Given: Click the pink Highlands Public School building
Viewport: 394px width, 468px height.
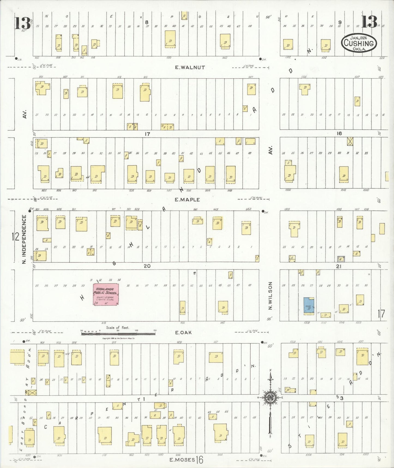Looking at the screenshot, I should [x=106, y=294].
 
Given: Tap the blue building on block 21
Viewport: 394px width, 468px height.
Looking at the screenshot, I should [x=309, y=306].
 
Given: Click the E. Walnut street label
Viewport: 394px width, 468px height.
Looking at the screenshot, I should [x=190, y=67].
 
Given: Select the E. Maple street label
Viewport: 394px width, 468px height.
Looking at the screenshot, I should [x=187, y=200].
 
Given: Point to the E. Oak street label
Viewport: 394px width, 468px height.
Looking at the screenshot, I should [x=183, y=333].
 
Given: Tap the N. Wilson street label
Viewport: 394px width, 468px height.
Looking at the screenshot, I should [x=270, y=296].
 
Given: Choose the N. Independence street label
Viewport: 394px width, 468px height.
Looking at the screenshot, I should [x=24, y=239].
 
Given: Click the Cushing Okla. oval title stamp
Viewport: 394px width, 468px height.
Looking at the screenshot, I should [x=359, y=43].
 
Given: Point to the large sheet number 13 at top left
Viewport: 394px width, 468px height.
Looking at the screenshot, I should [x=22, y=23].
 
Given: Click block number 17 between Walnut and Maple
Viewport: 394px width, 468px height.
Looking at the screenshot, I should [x=147, y=134].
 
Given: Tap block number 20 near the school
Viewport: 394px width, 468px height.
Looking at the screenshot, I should [x=147, y=266].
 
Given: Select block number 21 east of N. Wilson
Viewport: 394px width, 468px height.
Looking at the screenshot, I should [x=339, y=266].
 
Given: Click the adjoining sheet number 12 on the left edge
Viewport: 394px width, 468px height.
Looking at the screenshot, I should [x=16, y=236].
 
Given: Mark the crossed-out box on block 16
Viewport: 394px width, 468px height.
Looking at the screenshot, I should [x=350, y=141].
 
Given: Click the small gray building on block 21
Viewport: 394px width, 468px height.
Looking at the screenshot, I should [x=341, y=259].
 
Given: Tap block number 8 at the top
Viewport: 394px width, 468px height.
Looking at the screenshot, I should [x=147, y=22].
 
